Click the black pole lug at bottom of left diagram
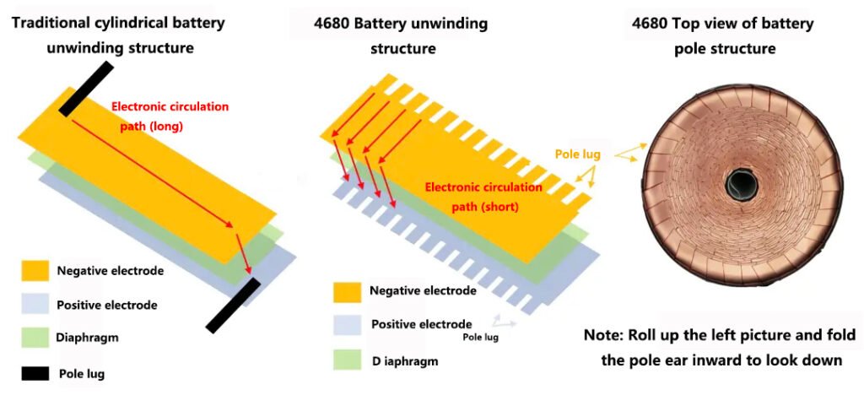[234, 305]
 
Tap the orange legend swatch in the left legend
[35, 271]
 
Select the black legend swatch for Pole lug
[35, 372]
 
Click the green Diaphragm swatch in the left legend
[35, 337]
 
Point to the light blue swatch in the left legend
[35, 305]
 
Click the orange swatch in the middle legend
[348, 291]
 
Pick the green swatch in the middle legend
[348, 360]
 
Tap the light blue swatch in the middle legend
[348, 324]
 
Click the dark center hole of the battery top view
[742, 180]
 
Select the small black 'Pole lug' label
[480, 337]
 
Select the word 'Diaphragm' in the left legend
[88, 337]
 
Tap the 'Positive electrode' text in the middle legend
[421, 324]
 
